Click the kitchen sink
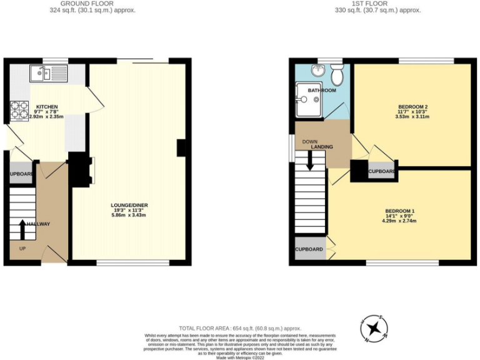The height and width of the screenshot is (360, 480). (x=47, y=74)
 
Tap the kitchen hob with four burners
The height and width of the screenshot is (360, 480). (x=16, y=111)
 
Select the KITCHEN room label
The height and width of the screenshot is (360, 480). (x=47, y=107)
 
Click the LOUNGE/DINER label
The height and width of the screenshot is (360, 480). (x=129, y=205)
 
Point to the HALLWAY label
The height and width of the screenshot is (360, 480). (x=38, y=224)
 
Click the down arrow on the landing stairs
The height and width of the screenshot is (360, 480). (x=311, y=161)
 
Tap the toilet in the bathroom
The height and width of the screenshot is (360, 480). (x=338, y=76)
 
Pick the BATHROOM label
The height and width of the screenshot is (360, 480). (x=322, y=91)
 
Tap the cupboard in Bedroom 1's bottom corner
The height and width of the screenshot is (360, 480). (x=309, y=249)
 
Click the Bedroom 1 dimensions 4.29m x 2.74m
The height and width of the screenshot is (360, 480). (x=400, y=221)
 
